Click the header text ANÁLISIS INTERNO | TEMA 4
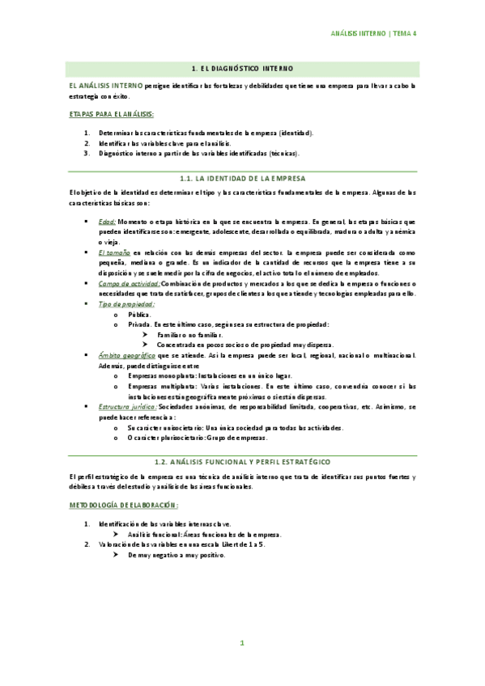point(379,34)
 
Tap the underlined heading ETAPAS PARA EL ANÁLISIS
point(111,114)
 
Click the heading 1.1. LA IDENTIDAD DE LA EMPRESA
point(242,177)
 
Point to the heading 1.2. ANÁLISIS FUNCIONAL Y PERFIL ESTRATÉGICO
point(242,460)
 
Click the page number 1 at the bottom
point(241,643)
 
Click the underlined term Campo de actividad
point(129,284)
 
